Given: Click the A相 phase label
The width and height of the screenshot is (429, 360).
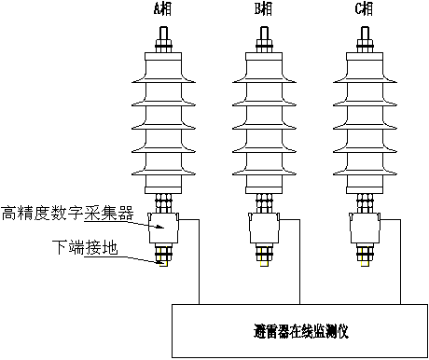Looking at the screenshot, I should pos(163,10).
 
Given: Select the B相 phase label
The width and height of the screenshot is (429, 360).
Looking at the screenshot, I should pos(265,10).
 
